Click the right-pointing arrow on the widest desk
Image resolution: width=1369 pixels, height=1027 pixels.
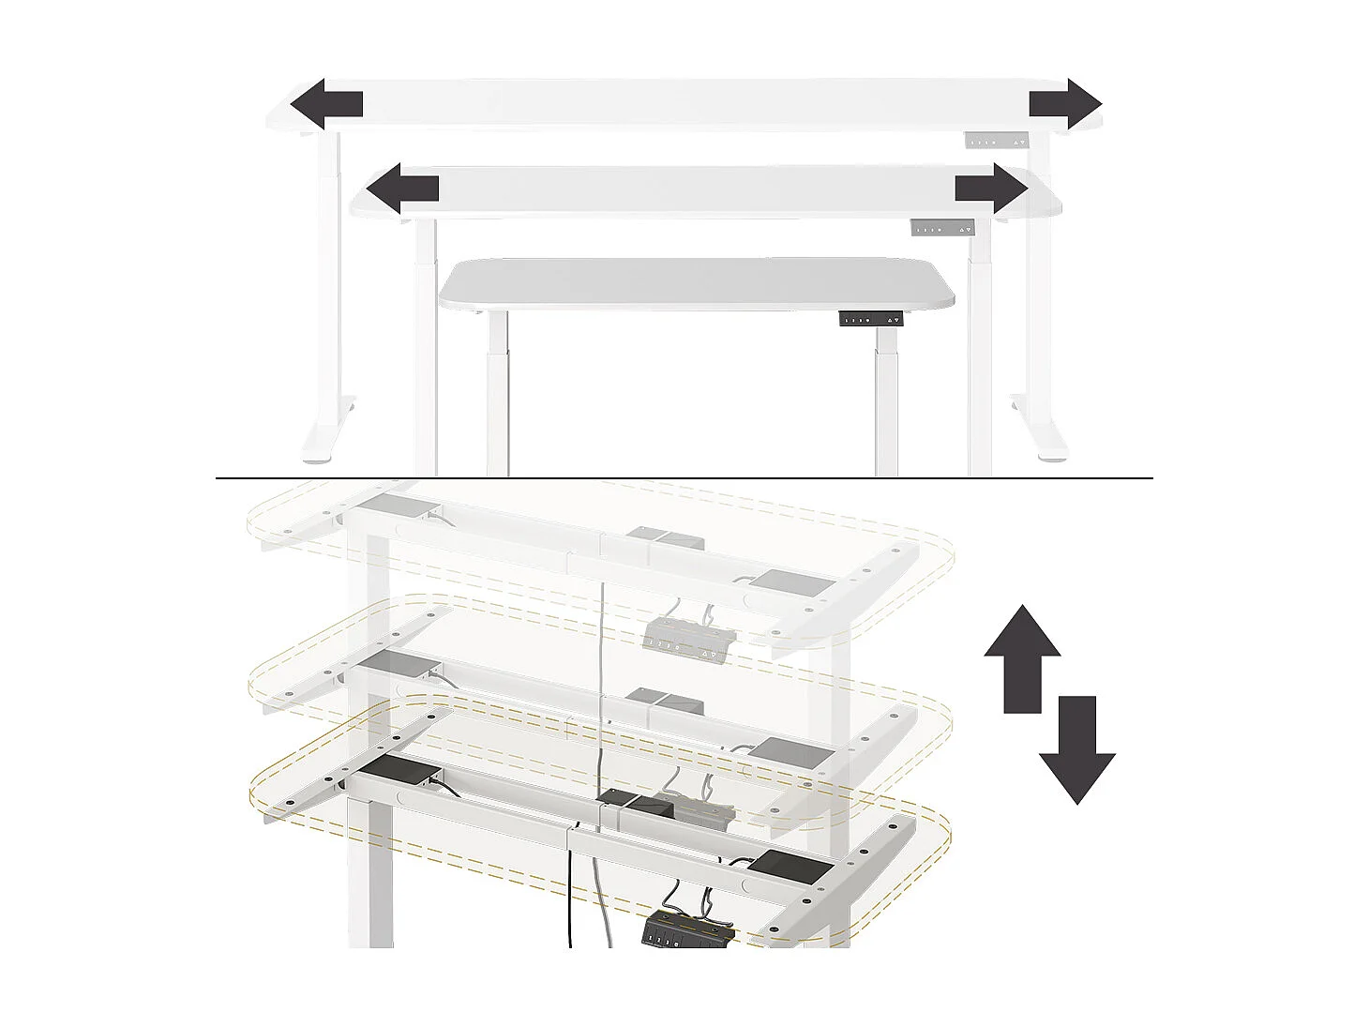point(1065,104)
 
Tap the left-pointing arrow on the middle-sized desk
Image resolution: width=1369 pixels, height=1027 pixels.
point(402,189)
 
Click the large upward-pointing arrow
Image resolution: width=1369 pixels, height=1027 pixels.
point(1022,657)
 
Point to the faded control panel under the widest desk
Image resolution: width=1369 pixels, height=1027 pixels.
point(996,141)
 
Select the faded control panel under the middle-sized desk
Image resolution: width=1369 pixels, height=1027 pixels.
point(941,228)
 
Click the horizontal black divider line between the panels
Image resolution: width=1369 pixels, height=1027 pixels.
point(684,478)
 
